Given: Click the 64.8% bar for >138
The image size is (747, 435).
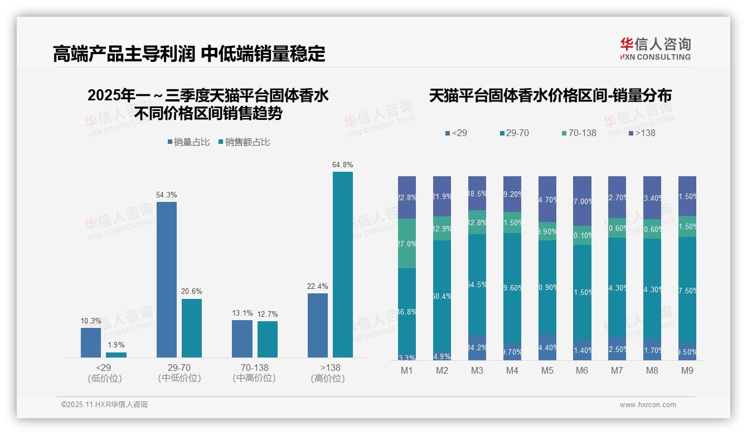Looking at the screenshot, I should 343,264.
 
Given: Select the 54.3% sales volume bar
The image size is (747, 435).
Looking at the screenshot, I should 167,279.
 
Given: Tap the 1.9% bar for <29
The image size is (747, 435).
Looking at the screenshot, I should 116,355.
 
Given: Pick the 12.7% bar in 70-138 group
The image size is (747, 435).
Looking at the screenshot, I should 268,339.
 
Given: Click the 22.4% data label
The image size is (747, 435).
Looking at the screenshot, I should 317,286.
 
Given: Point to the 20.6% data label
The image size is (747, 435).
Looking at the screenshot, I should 192,291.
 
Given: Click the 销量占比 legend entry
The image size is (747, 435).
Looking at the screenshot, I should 188,142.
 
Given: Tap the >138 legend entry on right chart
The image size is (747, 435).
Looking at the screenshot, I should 642,133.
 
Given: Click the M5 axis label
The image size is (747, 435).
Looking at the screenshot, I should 547,371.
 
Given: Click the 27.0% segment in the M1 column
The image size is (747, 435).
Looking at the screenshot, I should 407,244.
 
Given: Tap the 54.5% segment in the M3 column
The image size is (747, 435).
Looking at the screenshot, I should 477,284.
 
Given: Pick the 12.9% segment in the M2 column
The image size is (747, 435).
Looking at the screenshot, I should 442,229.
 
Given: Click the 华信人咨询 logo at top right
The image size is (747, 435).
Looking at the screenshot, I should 655,49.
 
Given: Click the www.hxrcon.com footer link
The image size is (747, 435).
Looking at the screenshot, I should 648,405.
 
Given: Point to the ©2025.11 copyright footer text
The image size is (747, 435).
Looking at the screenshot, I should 104,405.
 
